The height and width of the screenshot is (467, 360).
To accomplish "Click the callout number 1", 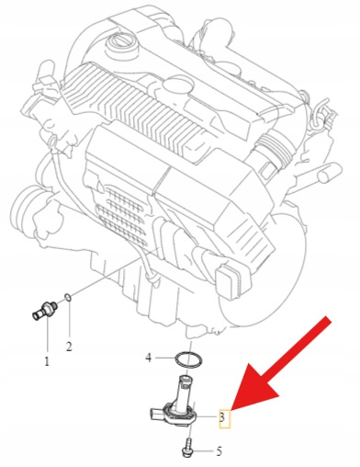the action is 47,362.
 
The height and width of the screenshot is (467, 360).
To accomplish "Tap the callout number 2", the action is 69,347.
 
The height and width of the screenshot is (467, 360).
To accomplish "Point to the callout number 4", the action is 149,358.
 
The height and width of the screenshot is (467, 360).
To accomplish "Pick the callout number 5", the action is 219,451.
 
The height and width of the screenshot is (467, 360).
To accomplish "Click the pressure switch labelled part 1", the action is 45,310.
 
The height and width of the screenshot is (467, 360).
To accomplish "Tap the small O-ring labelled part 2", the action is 69,297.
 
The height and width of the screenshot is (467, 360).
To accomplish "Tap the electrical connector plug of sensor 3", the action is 156,416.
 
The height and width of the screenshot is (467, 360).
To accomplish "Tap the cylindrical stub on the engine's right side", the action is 328,174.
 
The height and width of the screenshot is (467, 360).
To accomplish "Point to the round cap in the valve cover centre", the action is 178,85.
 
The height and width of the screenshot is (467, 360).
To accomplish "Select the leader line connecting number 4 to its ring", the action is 164,358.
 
